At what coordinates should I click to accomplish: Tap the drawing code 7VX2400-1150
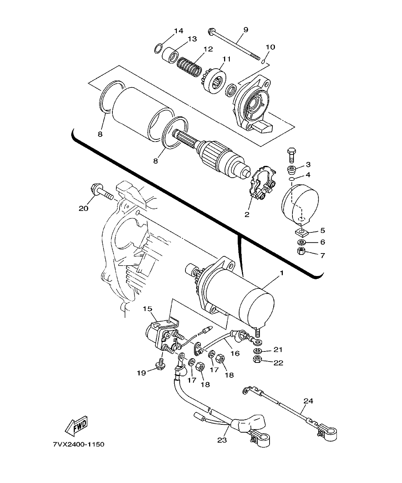[78, 444]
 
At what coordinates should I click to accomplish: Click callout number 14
[178, 30]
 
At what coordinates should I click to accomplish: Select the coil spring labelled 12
[188, 66]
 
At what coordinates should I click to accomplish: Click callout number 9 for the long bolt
[246, 30]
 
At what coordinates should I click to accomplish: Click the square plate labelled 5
[302, 233]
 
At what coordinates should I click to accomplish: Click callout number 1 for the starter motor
[282, 273]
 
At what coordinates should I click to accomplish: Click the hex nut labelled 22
[257, 360]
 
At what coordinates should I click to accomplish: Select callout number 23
[222, 440]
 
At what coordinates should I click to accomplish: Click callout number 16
[235, 353]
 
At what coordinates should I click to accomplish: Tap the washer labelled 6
[301, 242]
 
